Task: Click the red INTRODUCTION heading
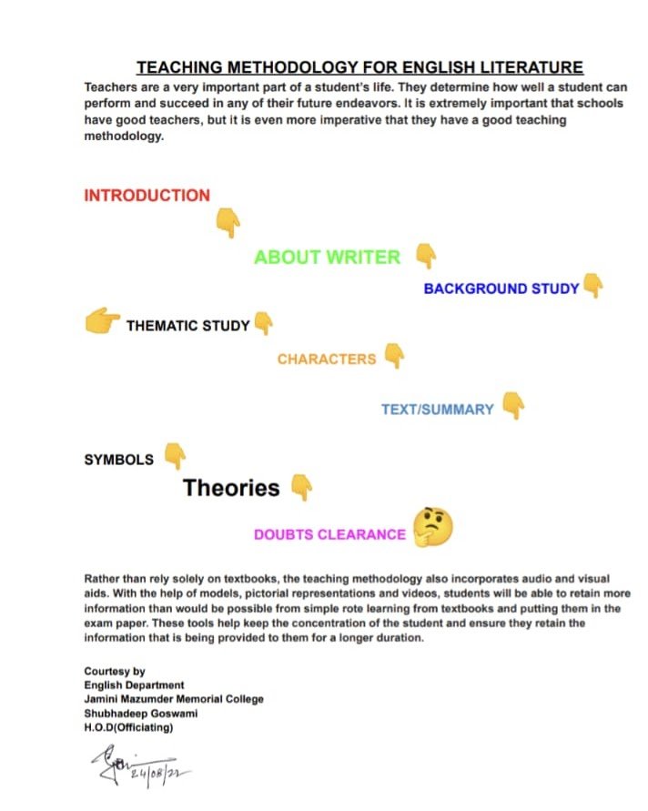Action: point(147,196)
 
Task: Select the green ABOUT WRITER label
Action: point(327,258)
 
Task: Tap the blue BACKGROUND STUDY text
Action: point(501,289)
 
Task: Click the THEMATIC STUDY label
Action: point(187,326)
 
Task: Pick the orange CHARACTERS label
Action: point(326,360)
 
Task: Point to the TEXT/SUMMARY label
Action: point(437,410)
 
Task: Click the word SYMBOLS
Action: point(118,460)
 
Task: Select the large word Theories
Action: point(231,488)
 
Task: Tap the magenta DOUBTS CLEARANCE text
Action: point(329,535)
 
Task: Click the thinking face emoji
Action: point(432,527)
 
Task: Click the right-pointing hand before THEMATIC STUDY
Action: point(102,321)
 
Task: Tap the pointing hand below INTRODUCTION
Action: point(228,222)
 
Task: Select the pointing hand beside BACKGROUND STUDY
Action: point(593,286)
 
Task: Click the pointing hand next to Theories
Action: point(301,487)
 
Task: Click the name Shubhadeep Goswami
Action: point(141,713)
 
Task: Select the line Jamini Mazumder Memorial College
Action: point(174,699)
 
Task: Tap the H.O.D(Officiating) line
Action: point(128,727)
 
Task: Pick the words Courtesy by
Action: point(115,671)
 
